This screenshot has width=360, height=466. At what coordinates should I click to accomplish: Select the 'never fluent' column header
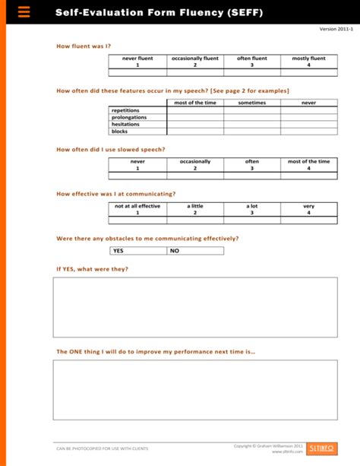[x=137, y=62]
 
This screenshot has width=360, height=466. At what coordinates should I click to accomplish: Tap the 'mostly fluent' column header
[x=308, y=62]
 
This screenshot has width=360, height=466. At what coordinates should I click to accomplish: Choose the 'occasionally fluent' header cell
[x=194, y=62]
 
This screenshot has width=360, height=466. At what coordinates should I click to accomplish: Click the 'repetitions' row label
[x=125, y=110]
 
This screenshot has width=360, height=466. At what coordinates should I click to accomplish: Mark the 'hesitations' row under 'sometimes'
[x=251, y=125]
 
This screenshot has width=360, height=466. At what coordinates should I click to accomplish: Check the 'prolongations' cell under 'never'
[x=308, y=117]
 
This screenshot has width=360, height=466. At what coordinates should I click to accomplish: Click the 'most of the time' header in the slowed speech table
[x=308, y=165]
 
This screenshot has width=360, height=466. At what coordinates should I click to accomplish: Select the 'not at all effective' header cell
[x=137, y=209]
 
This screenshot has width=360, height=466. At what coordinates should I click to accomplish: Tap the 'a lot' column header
[x=251, y=209]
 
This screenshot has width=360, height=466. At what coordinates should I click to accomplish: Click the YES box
[x=137, y=250]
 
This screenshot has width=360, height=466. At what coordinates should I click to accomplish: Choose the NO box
[x=195, y=250]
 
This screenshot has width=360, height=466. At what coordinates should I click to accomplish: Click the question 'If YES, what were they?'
[x=93, y=269]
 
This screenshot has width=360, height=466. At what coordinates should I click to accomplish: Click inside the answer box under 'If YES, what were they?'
[x=194, y=306]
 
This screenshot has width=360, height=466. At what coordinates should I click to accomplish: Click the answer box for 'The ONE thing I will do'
[x=194, y=389]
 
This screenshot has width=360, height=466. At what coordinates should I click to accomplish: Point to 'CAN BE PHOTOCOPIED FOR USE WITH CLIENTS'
[x=92, y=449]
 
